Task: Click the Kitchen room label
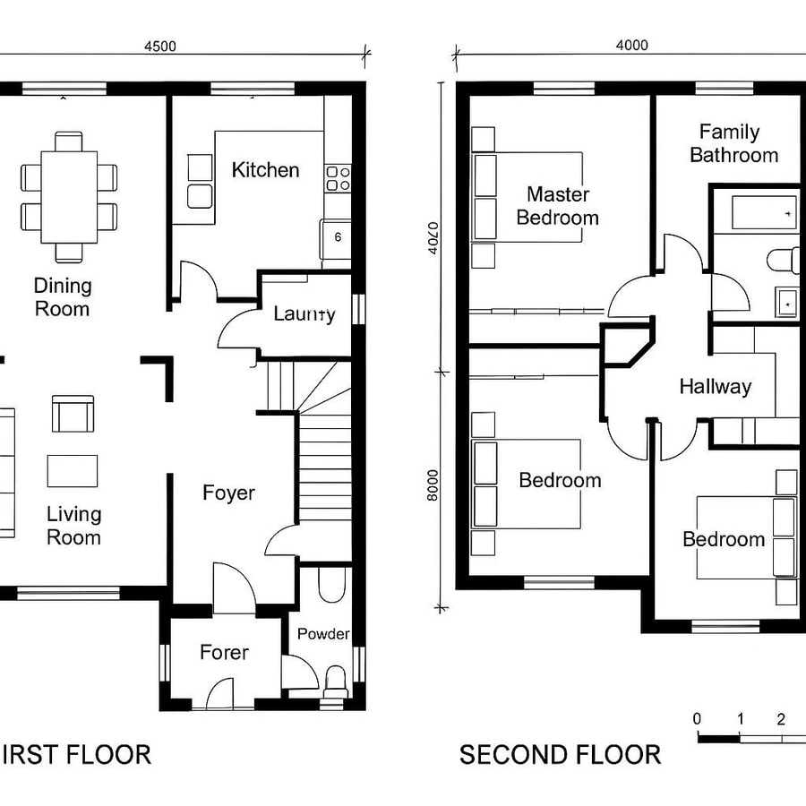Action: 265,170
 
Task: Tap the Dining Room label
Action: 63,297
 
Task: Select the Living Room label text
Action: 73,526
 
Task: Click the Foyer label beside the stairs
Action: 228,493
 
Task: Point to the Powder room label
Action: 323,634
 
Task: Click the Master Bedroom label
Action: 557,206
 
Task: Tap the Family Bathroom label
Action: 733,143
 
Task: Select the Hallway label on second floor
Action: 715,387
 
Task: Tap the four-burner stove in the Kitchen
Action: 338,177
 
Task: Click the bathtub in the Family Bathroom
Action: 765,213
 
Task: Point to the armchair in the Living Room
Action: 72,414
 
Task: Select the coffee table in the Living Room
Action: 73,470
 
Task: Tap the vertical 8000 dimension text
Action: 433,487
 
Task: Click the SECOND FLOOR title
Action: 560,755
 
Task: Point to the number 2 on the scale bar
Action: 781,719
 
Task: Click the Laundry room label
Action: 304,313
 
